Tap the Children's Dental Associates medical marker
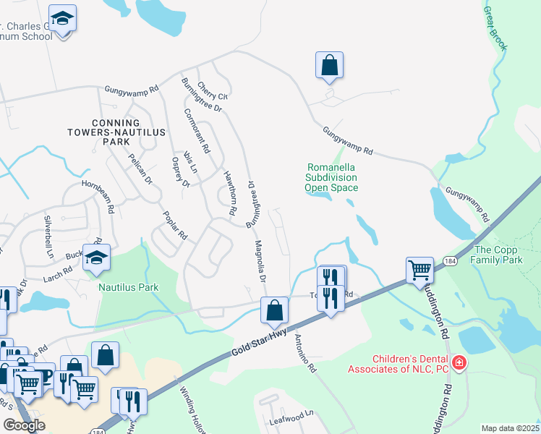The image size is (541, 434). (457, 362)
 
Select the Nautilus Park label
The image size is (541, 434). (129, 287)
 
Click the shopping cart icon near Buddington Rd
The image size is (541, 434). (419, 269)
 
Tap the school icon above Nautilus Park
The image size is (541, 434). (96, 258)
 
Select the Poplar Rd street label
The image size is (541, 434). (175, 226)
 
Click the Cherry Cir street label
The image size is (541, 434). (213, 90)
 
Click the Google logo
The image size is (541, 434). (24, 425)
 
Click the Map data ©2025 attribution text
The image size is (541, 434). (511, 428)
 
